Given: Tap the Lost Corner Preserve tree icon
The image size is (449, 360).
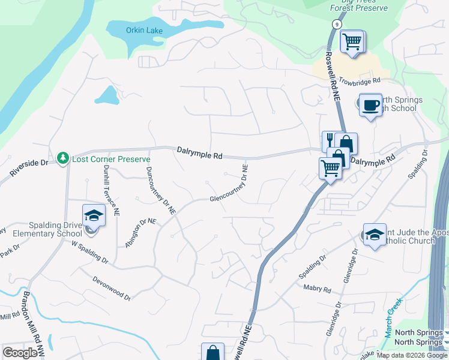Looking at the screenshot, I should coord(62,158).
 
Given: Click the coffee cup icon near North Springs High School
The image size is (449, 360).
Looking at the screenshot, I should coord(370,105).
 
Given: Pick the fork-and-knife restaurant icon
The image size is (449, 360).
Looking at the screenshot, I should coord(330,141).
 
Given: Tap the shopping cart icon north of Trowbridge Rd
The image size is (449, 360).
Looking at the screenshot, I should coord(351,42).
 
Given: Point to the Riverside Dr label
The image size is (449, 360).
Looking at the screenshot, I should coord(28,168).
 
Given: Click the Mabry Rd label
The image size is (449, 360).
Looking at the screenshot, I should coord(318,290).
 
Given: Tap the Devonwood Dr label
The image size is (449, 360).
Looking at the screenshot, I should coord(112,287).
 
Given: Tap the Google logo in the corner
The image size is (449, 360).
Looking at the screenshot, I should coord(20,353).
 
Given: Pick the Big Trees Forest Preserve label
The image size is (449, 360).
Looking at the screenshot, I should coord(359,5).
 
